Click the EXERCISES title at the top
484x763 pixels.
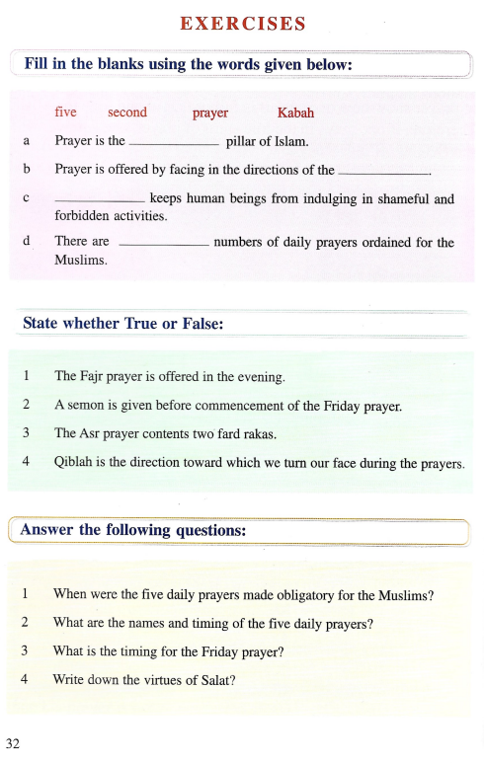[242, 24]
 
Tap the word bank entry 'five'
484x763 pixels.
[66, 113]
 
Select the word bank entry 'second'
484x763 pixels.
[127, 113]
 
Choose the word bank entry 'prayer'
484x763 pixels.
[210, 114]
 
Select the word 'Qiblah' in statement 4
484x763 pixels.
[74, 460]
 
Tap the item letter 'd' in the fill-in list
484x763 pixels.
[25, 241]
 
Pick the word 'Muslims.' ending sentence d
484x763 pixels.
[80, 261]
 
